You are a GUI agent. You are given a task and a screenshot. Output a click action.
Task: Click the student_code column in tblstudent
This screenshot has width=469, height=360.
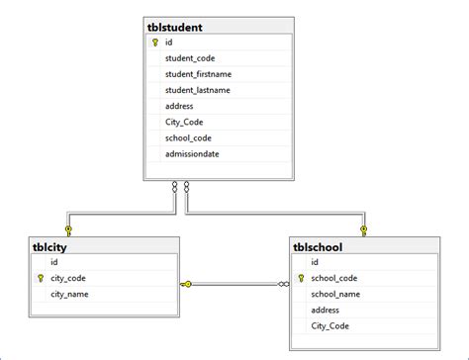[x=190, y=58]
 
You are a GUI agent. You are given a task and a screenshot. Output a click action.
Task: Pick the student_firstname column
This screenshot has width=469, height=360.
[x=199, y=74]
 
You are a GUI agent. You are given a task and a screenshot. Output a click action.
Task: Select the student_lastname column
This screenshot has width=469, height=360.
[x=198, y=90]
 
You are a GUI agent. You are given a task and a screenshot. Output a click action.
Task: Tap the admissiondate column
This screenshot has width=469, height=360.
[x=192, y=153]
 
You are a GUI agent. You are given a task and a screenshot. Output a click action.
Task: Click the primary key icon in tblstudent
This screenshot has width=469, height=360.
[x=154, y=43]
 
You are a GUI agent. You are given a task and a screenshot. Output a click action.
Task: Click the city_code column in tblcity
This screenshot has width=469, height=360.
[x=68, y=278]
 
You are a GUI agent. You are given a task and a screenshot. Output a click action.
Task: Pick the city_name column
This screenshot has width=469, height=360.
[x=70, y=294]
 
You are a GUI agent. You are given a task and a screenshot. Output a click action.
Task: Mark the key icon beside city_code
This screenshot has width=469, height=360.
[x=40, y=278]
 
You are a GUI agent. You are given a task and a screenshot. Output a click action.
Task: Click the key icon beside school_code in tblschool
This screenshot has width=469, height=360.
[x=300, y=278]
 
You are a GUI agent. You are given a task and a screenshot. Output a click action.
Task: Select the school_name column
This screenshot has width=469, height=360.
[x=335, y=294]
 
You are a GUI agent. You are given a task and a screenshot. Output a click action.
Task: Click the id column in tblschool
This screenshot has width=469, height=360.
[x=316, y=262]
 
